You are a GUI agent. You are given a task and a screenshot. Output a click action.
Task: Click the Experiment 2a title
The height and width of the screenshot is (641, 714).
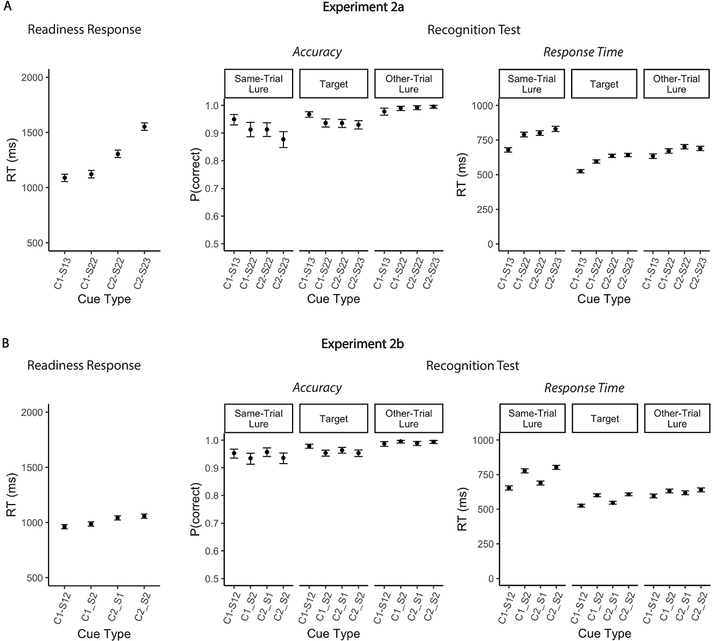(x=362, y=7)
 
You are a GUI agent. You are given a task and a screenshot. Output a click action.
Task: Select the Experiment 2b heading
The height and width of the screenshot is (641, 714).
(x=362, y=343)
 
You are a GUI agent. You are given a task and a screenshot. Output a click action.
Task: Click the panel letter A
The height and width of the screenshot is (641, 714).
(x=5, y=7)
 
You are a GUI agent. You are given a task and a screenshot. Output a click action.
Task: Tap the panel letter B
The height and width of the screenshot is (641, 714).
(x=5, y=343)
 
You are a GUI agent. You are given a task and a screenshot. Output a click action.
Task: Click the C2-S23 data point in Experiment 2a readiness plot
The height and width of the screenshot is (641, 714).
(x=144, y=127)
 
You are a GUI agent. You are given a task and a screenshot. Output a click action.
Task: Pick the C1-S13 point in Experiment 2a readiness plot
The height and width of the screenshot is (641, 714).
(x=65, y=178)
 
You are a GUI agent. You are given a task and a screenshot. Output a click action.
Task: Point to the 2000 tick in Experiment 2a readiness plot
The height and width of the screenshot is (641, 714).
(x=34, y=78)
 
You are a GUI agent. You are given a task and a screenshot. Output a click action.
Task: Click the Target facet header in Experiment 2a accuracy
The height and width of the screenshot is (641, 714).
(x=334, y=84)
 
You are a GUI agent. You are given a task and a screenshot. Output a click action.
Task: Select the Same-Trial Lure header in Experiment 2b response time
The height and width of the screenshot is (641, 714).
(x=532, y=418)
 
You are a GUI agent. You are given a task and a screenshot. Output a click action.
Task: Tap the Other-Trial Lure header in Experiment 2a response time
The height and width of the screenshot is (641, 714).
(x=676, y=84)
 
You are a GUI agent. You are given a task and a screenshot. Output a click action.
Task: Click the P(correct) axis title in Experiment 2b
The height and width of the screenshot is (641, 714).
(x=196, y=509)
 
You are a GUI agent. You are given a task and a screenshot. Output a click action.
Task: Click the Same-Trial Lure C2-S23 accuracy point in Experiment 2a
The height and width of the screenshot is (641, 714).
(x=283, y=139)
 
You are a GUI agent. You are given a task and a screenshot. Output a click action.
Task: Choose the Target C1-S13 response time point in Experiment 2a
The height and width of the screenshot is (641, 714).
(x=580, y=171)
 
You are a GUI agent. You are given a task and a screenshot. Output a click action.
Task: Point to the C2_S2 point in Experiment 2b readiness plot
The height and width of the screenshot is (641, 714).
(x=144, y=516)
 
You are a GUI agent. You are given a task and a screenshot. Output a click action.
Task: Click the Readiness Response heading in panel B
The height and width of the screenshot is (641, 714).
(x=84, y=366)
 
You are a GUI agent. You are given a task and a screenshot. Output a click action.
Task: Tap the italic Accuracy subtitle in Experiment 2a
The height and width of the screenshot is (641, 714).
(x=317, y=52)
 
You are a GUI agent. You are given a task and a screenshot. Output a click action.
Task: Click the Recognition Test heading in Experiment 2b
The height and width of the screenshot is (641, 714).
(x=473, y=366)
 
